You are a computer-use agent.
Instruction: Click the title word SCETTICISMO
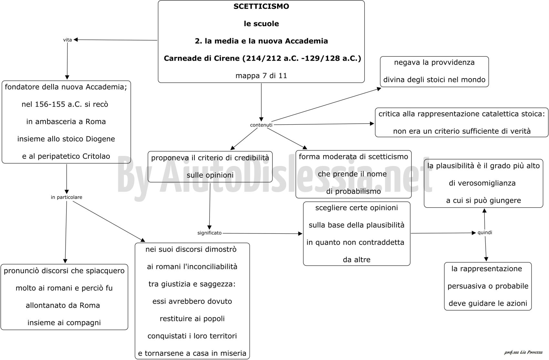point(261,6)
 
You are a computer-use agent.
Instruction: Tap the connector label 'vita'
point(67,40)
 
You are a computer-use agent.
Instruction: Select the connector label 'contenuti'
point(261,125)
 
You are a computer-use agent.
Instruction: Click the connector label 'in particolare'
point(67,197)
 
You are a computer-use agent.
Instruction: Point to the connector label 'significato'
point(209,233)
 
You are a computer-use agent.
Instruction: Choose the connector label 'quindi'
point(485,232)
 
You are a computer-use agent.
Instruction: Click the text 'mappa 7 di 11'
point(261,76)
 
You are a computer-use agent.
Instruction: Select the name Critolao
point(96,156)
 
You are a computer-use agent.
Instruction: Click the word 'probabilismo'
point(358,191)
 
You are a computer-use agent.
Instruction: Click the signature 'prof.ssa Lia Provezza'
point(523,352)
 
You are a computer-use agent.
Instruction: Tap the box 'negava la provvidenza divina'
point(434,72)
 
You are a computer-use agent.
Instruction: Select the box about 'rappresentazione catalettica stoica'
point(461,122)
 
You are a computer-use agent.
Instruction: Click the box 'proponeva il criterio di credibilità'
point(210,167)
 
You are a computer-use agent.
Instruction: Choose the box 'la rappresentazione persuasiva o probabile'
point(488,286)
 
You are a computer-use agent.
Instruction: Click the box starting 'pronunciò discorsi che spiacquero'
point(64,297)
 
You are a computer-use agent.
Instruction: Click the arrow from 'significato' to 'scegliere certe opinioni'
point(263,233)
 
